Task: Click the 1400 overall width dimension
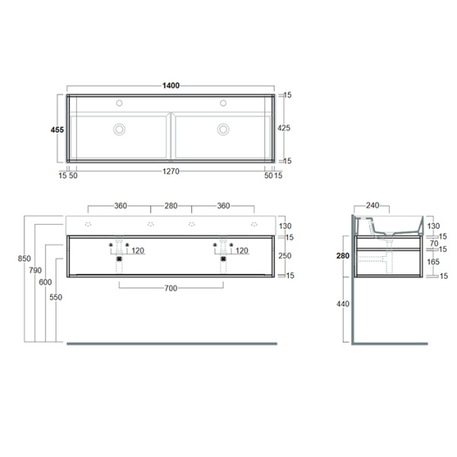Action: pyautogui.click(x=171, y=86)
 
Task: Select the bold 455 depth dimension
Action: pyautogui.click(x=56, y=129)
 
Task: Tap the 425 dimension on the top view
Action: pyautogui.click(x=284, y=128)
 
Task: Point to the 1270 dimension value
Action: pyautogui.click(x=171, y=172)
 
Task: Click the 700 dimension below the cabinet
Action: pyautogui.click(x=171, y=288)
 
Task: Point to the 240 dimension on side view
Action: pyautogui.click(x=372, y=205)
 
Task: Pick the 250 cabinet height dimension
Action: pyautogui.click(x=284, y=256)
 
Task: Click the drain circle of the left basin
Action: pyautogui.click(x=119, y=129)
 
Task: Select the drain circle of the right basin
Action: pyautogui.click(x=223, y=129)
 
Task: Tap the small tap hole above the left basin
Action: pyautogui.click(x=119, y=103)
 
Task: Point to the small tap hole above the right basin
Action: pyautogui.click(x=223, y=103)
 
